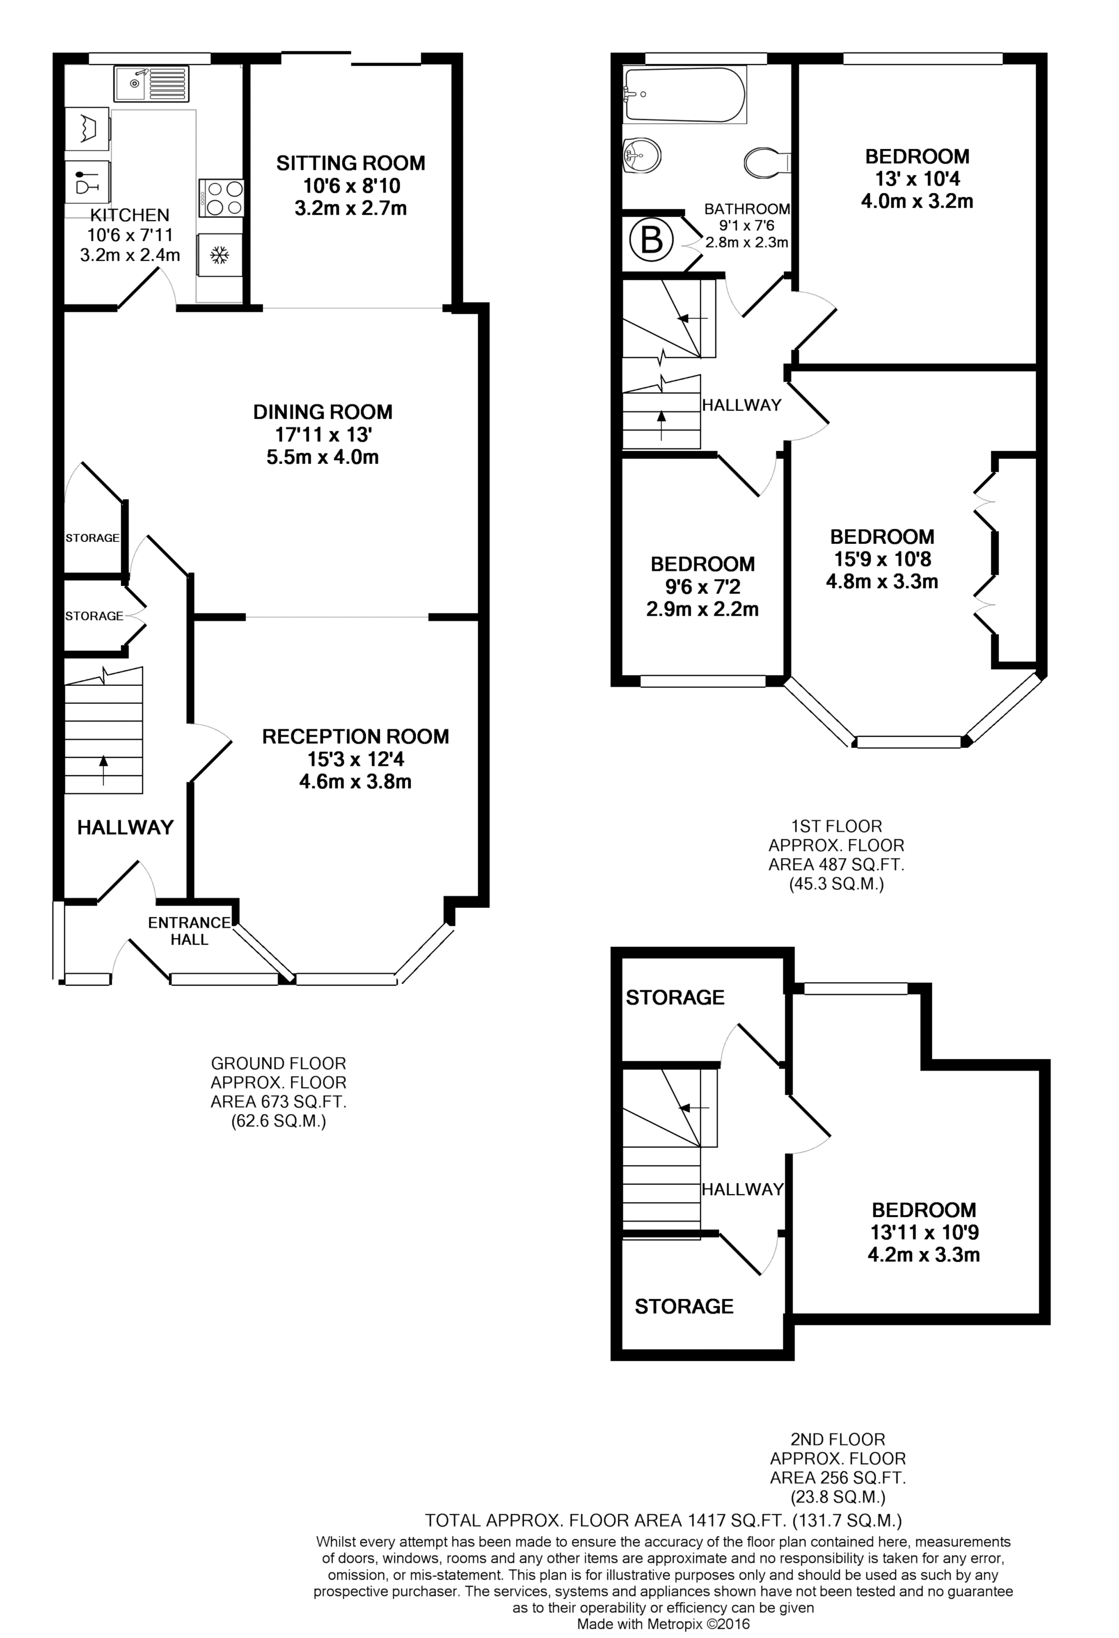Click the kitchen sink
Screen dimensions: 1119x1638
pyautogui.click(x=151, y=83)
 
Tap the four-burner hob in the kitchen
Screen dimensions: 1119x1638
pyautogui.click(x=222, y=198)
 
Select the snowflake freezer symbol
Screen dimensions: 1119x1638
pyautogui.click(x=221, y=255)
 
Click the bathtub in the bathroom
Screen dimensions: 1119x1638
pyautogui.click(x=684, y=95)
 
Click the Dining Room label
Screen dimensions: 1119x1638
pyautogui.click(x=322, y=412)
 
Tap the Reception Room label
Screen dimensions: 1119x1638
pyautogui.click(x=356, y=736)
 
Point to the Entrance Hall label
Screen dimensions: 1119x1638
pyautogui.click(x=189, y=930)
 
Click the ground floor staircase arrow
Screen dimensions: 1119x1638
pyautogui.click(x=104, y=770)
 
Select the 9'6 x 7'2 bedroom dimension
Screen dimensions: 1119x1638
pyautogui.click(x=702, y=586)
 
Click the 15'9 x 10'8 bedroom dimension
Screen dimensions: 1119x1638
pyautogui.click(x=882, y=559)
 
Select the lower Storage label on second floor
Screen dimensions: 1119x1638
pyautogui.click(x=684, y=1307)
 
